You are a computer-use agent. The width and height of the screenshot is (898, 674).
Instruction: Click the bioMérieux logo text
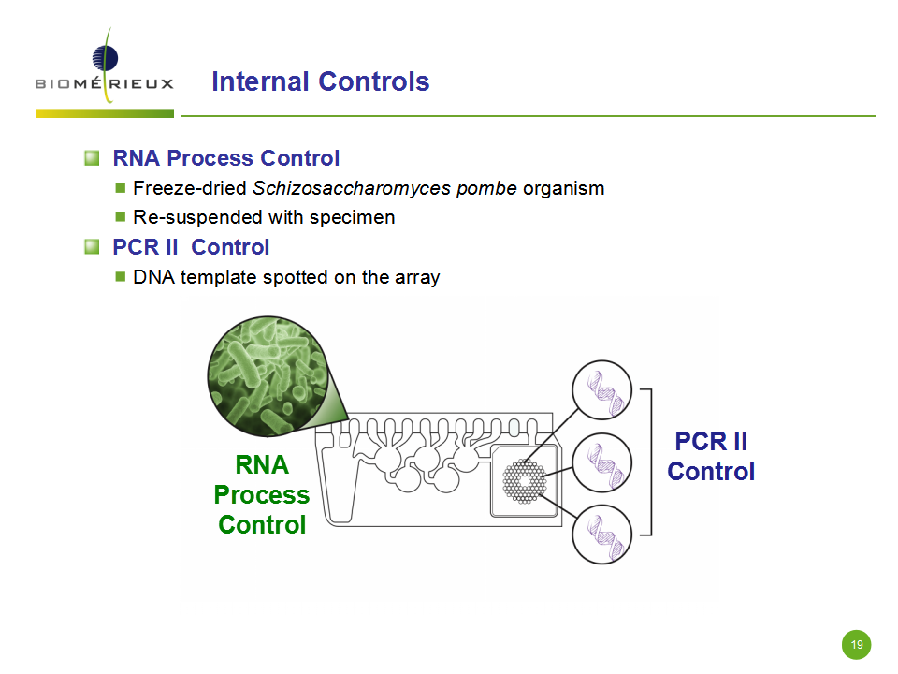pyautogui.click(x=104, y=83)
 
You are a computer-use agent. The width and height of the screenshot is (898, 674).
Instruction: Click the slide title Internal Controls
pyautogui.click(x=321, y=81)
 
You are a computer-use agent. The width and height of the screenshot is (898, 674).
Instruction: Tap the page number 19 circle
pyautogui.click(x=856, y=645)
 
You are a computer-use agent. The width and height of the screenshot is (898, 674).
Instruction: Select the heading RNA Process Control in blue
pyautogui.click(x=226, y=158)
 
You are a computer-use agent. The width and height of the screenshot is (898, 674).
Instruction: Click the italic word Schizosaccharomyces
pyautogui.click(x=353, y=188)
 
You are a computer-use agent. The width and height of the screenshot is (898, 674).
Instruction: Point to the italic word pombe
pyautogui.click(x=486, y=189)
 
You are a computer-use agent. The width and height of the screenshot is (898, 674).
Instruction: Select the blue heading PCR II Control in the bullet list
pyautogui.click(x=191, y=247)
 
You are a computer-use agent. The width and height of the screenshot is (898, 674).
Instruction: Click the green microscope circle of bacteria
pyautogui.click(x=268, y=376)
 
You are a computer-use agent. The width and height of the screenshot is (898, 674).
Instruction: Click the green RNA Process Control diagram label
pyautogui.click(x=262, y=494)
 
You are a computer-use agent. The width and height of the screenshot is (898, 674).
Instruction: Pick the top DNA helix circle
pyautogui.click(x=601, y=390)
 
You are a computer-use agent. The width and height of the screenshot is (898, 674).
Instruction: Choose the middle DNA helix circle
pyautogui.click(x=601, y=462)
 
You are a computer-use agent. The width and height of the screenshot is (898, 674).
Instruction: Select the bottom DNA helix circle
pyautogui.click(x=601, y=535)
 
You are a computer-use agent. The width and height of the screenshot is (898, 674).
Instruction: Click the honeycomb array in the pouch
pyautogui.click(x=524, y=481)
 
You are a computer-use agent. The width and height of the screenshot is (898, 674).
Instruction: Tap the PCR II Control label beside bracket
pyautogui.click(x=711, y=456)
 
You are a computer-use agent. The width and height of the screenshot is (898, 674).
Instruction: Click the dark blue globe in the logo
pyautogui.click(x=105, y=58)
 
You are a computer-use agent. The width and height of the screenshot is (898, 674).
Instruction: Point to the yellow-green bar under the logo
pyautogui.click(x=105, y=113)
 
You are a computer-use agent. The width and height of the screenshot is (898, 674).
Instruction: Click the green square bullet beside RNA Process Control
pyautogui.click(x=92, y=157)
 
